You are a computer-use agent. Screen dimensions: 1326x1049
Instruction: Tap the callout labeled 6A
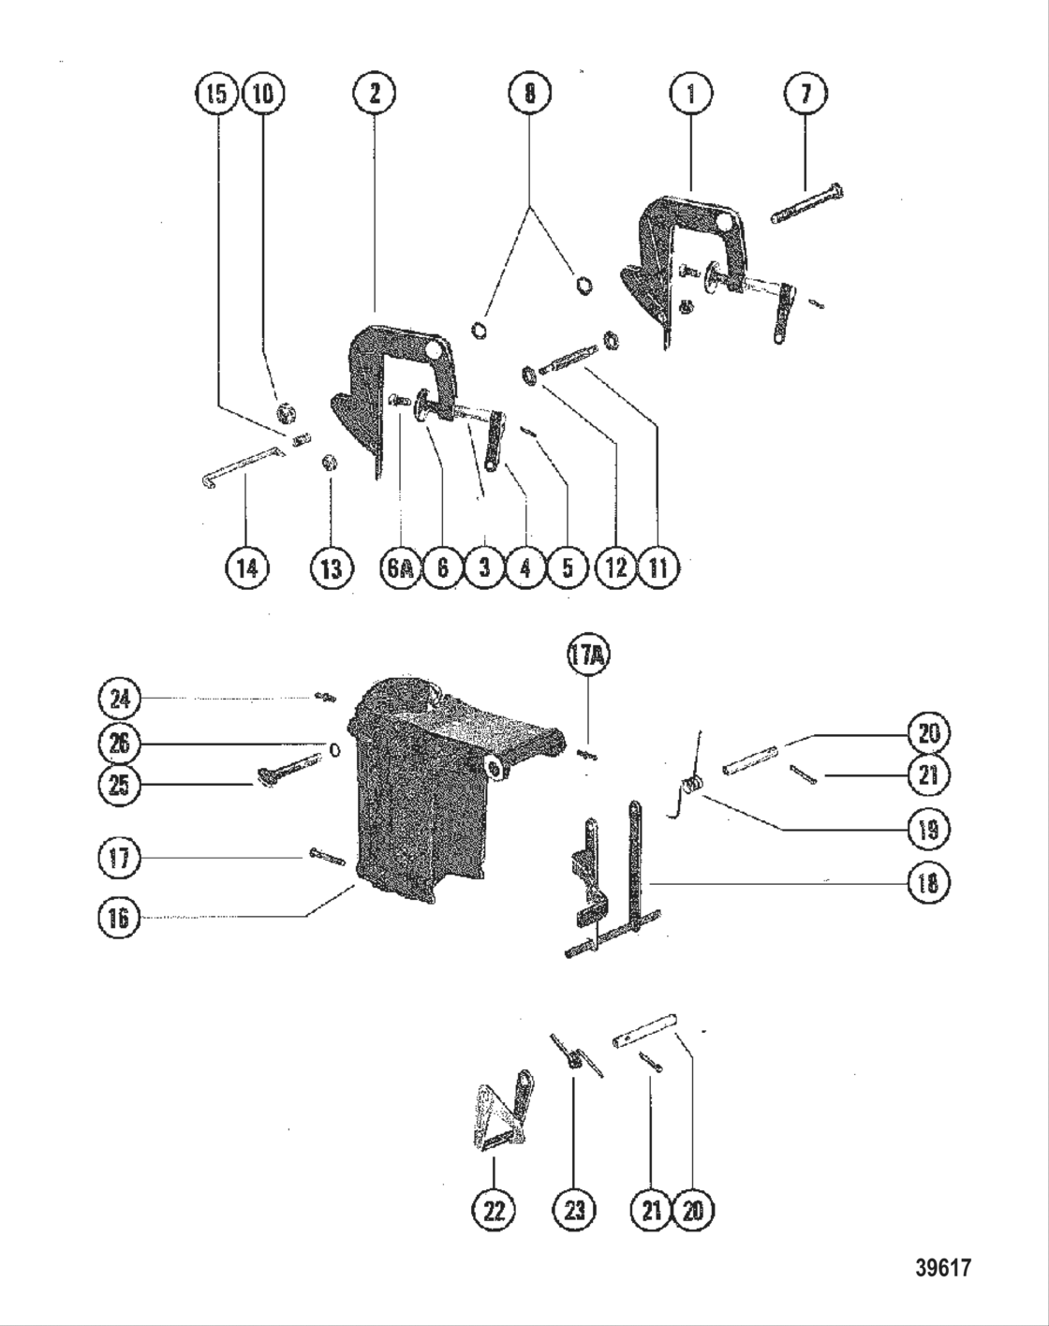click(400, 568)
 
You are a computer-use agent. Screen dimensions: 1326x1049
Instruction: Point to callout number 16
click(119, 917)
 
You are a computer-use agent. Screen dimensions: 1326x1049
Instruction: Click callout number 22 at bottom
click(494, 1211)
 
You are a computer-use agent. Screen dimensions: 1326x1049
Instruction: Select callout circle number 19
click(928, 829)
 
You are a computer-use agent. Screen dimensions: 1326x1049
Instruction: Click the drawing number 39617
click(942, 1268)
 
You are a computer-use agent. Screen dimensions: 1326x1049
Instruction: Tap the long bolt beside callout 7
click(807, 204)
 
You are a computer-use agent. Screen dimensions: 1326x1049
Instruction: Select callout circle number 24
click(119, 699)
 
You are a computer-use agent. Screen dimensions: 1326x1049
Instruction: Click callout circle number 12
click(616, 568)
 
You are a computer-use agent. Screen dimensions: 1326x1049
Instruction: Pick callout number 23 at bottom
click(574, 1211)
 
